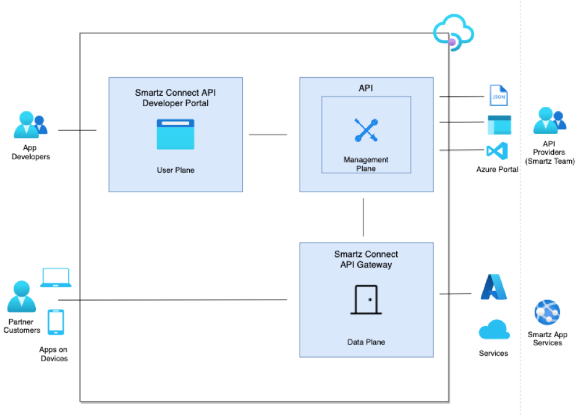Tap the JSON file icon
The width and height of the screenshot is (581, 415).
(499, 97)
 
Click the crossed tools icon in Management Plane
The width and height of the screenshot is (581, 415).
(366, 130)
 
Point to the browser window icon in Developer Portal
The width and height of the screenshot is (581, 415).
(176, 134)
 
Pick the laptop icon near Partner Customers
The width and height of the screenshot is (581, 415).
(56, 278)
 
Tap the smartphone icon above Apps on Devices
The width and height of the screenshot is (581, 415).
(56, 322)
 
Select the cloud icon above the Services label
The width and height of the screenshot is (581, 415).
(494, 330)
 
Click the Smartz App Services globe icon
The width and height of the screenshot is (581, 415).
(547, 313)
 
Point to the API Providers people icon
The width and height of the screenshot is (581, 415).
(549, 120)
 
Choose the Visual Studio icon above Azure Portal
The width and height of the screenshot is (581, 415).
(497, 151)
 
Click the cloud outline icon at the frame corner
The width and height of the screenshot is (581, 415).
(452, 32)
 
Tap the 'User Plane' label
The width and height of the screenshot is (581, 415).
(176, 170)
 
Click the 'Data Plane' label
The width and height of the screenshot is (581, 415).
(366, 342)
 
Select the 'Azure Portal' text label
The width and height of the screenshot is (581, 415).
(497, 169)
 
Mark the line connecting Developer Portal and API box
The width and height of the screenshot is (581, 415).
(268, 135)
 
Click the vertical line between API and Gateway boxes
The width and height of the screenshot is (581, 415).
(363, 217)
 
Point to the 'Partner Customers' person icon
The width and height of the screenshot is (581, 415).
(22, 297)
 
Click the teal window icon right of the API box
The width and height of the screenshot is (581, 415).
(499, 125)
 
